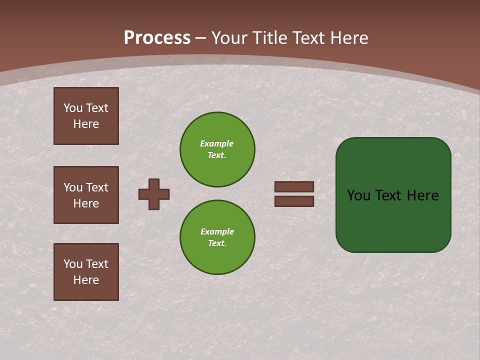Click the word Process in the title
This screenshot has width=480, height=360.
[x=157, y=38]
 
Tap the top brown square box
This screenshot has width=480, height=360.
[x=86, y=116]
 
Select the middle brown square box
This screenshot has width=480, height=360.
[x=86, y=195]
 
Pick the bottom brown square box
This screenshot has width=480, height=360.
[x=86, y=272]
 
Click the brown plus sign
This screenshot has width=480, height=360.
[x=154, y=194]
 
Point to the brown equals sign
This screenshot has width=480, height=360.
[x=294, y=194]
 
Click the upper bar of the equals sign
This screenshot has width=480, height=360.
[x=294, y=187]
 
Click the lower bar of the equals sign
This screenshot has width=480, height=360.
[x=294, y=201]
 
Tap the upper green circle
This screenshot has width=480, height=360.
[x=217, y=149]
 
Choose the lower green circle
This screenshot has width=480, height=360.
[x=217, y=237]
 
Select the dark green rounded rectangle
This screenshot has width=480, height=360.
[x=393, y=195]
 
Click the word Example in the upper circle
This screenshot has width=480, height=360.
[x=217, y=143]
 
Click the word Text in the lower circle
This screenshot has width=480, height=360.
[x=217, y=243]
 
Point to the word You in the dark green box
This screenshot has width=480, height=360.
[x=358, y=195]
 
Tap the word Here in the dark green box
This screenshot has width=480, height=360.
[x=422, y=195]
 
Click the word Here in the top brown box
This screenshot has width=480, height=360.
[x=86, y=124]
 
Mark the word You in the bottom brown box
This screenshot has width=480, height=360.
[x=73, y=264]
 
